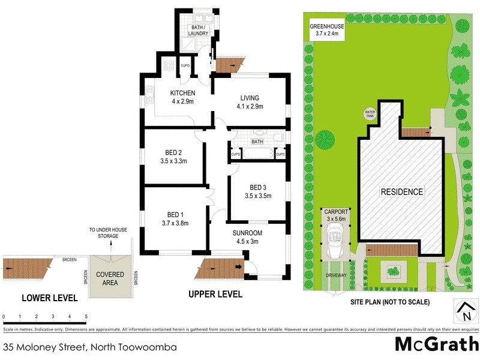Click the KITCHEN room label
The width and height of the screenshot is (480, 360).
(x=182, y=93)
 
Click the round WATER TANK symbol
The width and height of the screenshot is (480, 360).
(x=370, y=113)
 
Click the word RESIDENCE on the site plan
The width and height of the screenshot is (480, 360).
(x=401, y=192)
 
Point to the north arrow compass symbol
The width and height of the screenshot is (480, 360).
(x=465, y=312)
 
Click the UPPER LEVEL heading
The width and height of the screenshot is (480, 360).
(x=215, y=295)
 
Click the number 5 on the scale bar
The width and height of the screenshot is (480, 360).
(x=86, y=316)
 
